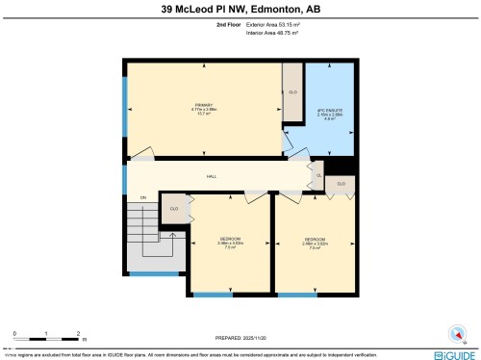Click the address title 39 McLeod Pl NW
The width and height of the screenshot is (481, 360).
click(x=240, y=9)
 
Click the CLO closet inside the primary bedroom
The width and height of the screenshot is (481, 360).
click(x=292, y=92)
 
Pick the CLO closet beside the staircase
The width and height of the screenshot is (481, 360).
click(x=174, y=209)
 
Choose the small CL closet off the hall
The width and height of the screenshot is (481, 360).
click(x=318, y=175)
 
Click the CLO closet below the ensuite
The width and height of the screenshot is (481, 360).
click(x=340, y=182)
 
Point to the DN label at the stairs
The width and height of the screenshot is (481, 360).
click(x=142, y=197)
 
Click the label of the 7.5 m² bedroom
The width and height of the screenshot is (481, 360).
click(x=230, y=242)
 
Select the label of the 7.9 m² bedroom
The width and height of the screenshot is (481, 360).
click(x=316, y=242)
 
